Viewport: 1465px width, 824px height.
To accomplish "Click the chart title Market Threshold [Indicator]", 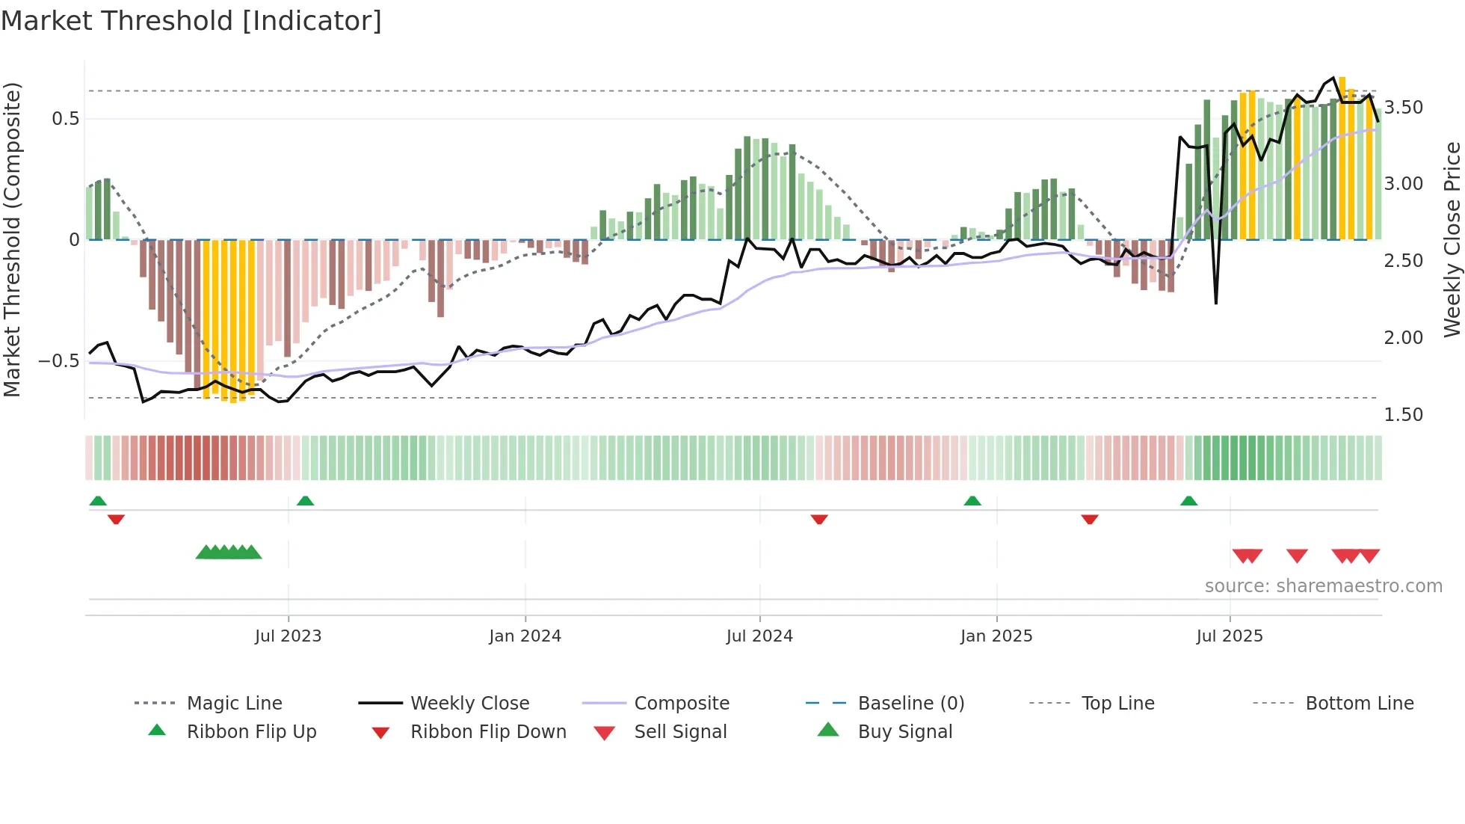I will pos(191,21).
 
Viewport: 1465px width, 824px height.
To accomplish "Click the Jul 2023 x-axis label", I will pos(288,636).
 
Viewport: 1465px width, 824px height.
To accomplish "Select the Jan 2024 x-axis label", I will pos(525,636).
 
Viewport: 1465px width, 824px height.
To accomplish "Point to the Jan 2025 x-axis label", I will pos(996,636).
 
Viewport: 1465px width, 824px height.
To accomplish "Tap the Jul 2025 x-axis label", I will pos(1230,636).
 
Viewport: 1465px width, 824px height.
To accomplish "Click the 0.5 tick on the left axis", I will pos(65,119).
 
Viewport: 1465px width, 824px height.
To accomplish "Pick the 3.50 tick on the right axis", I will pos(1404,108).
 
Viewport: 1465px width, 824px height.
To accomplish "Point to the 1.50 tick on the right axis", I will pos(1404,415).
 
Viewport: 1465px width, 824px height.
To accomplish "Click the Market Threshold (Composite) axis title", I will pos(12,239).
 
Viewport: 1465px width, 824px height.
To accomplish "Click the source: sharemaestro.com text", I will pos(1323,586).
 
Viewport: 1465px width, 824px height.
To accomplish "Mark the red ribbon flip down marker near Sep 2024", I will pos(819,519).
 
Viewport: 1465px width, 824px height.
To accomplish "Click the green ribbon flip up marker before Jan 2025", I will pos(972,501).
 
